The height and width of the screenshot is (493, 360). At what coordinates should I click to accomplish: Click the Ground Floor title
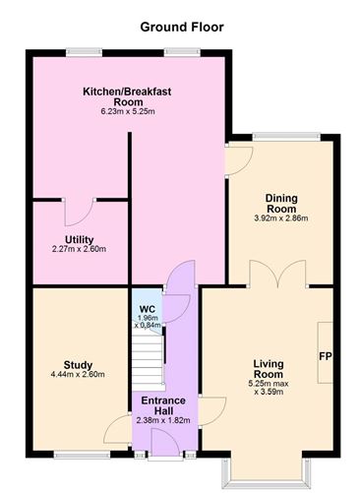coord(182,27)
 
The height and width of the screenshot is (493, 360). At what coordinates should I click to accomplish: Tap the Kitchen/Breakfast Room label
coord(127,95)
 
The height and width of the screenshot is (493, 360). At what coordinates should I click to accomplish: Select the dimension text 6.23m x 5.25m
coord(127,111)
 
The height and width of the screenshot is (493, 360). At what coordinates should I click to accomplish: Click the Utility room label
coord(79,239)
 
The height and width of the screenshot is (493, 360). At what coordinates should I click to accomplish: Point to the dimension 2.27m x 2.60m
coord(79,250)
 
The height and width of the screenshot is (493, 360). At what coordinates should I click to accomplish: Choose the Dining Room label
coord(282,202)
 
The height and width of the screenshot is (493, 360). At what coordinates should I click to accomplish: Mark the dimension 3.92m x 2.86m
coord(282,217)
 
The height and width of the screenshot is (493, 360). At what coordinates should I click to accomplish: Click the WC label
coord(148,309)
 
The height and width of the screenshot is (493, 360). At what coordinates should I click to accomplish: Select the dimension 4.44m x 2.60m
coord(78,375)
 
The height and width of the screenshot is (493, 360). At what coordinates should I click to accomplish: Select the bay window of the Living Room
coord(268,472)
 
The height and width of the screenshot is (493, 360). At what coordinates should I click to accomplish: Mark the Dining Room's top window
coord(281,136)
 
